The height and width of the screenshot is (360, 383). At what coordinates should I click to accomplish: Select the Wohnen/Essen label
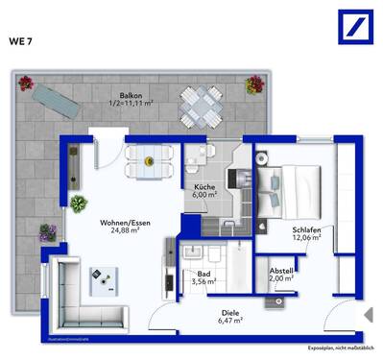(x=121, y=223)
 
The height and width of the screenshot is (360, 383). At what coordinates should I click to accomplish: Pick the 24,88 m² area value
(x=121, y=231)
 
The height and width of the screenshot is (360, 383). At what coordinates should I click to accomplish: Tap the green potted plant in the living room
(x=77, y=203)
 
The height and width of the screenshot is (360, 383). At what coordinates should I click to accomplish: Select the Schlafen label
(x=307, y=230)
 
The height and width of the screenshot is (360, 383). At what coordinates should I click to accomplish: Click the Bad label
(x=203, y=274)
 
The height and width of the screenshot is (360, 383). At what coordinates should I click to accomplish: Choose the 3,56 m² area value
(x=203, y=282)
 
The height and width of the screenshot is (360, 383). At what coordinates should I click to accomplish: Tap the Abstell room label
(x=282, y=271)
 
